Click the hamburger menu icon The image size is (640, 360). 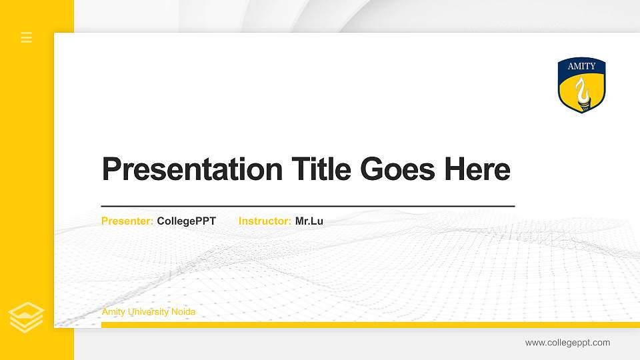click(27, 37)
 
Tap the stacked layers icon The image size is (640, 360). click(27, 317)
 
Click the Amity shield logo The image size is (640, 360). click(581, 85)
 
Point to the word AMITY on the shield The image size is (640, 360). click(581, 67)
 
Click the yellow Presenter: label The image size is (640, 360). click(127, 221)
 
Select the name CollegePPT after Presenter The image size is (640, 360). click(187, 221)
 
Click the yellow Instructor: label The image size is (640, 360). click(265, 221)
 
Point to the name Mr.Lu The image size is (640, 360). click(309, 221)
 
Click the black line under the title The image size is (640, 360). click(307, 206)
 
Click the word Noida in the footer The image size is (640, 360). click(183, 312)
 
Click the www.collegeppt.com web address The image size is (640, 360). click(567, 343)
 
